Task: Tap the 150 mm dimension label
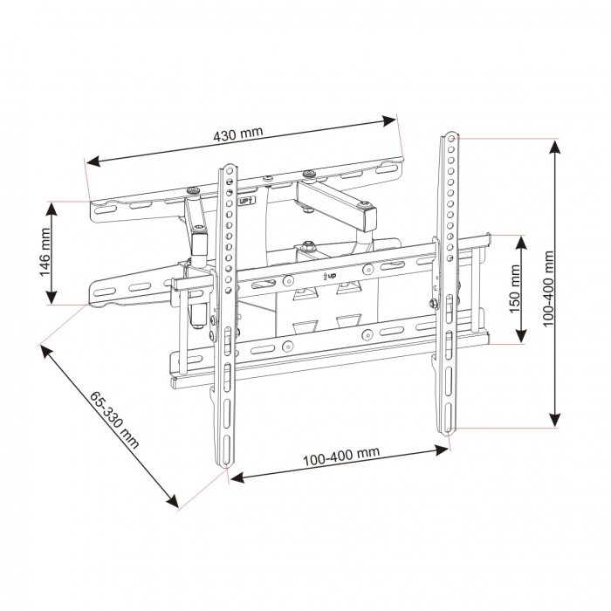[515, 289]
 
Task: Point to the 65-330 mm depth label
[114, 417]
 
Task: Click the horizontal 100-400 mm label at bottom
[340, 456]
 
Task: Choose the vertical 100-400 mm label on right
[548, 289]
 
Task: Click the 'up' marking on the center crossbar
[331, 277]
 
